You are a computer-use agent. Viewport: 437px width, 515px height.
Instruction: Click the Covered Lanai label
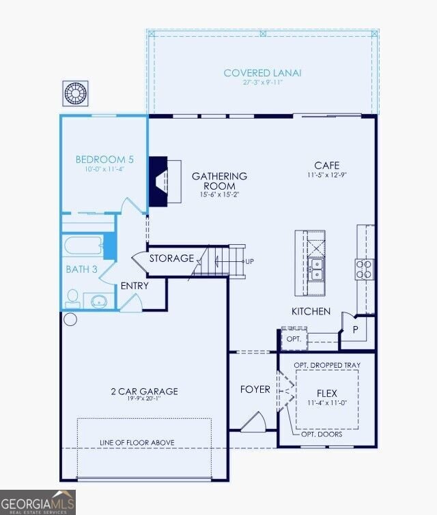click(262, 73)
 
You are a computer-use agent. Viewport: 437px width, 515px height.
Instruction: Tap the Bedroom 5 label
click(104, 160)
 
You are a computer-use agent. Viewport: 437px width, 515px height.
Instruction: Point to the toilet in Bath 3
click(72, 299)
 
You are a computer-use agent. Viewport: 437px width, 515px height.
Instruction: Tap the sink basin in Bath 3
click(99, 301)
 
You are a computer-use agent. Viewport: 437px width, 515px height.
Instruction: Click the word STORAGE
click(171, 259)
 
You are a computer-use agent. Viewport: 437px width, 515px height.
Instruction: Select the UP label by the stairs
click(250, 262)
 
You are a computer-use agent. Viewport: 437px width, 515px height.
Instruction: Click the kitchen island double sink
click(317, 269)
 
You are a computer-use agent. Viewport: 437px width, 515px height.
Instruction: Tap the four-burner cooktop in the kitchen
click(365, 269)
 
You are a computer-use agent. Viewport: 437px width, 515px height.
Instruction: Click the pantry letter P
click(356, 329)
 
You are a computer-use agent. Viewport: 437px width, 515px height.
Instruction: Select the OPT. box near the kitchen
click(294, 338)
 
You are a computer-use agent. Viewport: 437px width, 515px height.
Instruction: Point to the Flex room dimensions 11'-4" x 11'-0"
click(327, 402)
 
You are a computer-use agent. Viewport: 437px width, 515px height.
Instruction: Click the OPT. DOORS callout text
click(322, 435)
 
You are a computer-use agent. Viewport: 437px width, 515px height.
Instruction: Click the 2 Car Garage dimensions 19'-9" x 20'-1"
click(145, 399)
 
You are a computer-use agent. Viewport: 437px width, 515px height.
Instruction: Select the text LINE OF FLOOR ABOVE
click(137, 443)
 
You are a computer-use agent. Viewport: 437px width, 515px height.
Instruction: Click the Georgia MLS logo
click(38, 503)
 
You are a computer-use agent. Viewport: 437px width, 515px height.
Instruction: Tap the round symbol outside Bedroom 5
click(76, 93)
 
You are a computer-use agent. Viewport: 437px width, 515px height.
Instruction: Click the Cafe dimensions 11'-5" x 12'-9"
click(327, 175)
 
